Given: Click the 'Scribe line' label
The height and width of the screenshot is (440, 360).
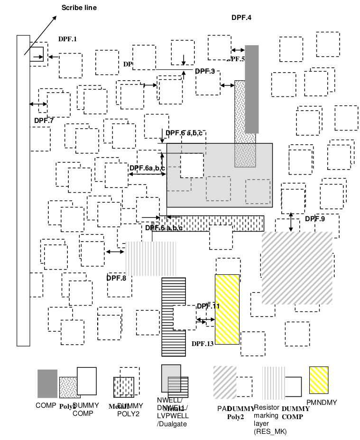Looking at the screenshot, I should [79, 8].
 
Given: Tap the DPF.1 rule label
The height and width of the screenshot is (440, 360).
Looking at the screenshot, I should [67, 39].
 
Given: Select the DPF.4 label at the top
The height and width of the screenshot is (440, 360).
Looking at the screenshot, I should [241, 18].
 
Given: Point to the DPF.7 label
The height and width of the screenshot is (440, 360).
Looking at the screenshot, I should [44, 120].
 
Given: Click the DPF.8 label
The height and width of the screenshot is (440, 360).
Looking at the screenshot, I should [116, 278].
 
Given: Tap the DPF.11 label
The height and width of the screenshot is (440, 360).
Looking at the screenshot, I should [208, 306].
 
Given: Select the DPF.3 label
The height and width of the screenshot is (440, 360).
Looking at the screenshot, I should [205, 71].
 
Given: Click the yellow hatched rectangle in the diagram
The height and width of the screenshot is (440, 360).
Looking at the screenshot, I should [227, 309].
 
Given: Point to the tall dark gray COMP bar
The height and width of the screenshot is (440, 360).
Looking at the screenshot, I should [251, 89].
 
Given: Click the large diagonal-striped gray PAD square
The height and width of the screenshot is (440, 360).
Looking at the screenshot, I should [296, 268].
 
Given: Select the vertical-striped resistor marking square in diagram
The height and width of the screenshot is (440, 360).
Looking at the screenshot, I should [151, 259].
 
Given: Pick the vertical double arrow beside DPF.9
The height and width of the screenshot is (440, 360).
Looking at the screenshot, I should [291, 222].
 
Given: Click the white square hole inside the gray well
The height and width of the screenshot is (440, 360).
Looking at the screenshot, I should [192, 165].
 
